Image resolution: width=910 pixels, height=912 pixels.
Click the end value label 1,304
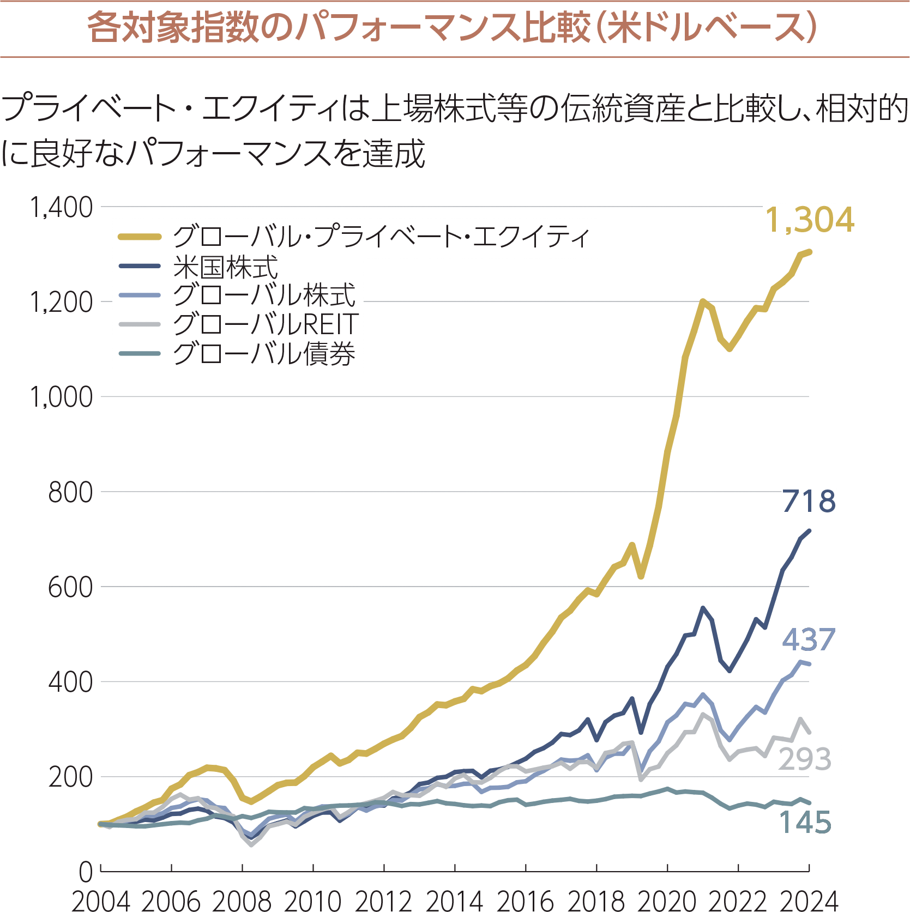coord(809,220)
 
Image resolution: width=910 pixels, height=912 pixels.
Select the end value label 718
coord(809,501)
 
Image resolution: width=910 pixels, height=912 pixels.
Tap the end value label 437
coord(809,639)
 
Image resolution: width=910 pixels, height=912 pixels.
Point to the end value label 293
coord(805,759)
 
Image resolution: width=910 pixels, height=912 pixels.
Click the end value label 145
coord(805,822)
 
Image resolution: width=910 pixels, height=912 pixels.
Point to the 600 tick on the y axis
coord(70,588)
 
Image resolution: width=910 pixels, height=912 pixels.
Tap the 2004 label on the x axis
coord(101,901)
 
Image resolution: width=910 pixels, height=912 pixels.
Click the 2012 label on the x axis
coord(384,901)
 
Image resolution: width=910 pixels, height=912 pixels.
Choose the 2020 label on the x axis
coord(667,901)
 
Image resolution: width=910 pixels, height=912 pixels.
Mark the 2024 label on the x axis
coord(809,901)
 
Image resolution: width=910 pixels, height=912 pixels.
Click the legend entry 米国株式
coord(225,267)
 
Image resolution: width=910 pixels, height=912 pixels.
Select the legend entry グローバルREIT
coord(265,324)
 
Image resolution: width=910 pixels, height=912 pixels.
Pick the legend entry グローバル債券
coord(264,353)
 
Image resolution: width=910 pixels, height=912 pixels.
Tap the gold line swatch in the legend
coord(140,237)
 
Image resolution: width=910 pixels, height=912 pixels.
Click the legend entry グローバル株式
coord(264,295)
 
